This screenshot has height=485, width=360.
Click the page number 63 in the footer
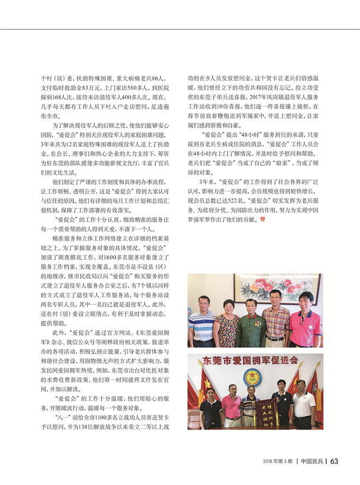point(335,461)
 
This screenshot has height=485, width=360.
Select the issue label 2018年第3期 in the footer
point(278,462)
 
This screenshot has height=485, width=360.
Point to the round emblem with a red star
point(252,377)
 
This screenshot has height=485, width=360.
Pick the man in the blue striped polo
point(202,322)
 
